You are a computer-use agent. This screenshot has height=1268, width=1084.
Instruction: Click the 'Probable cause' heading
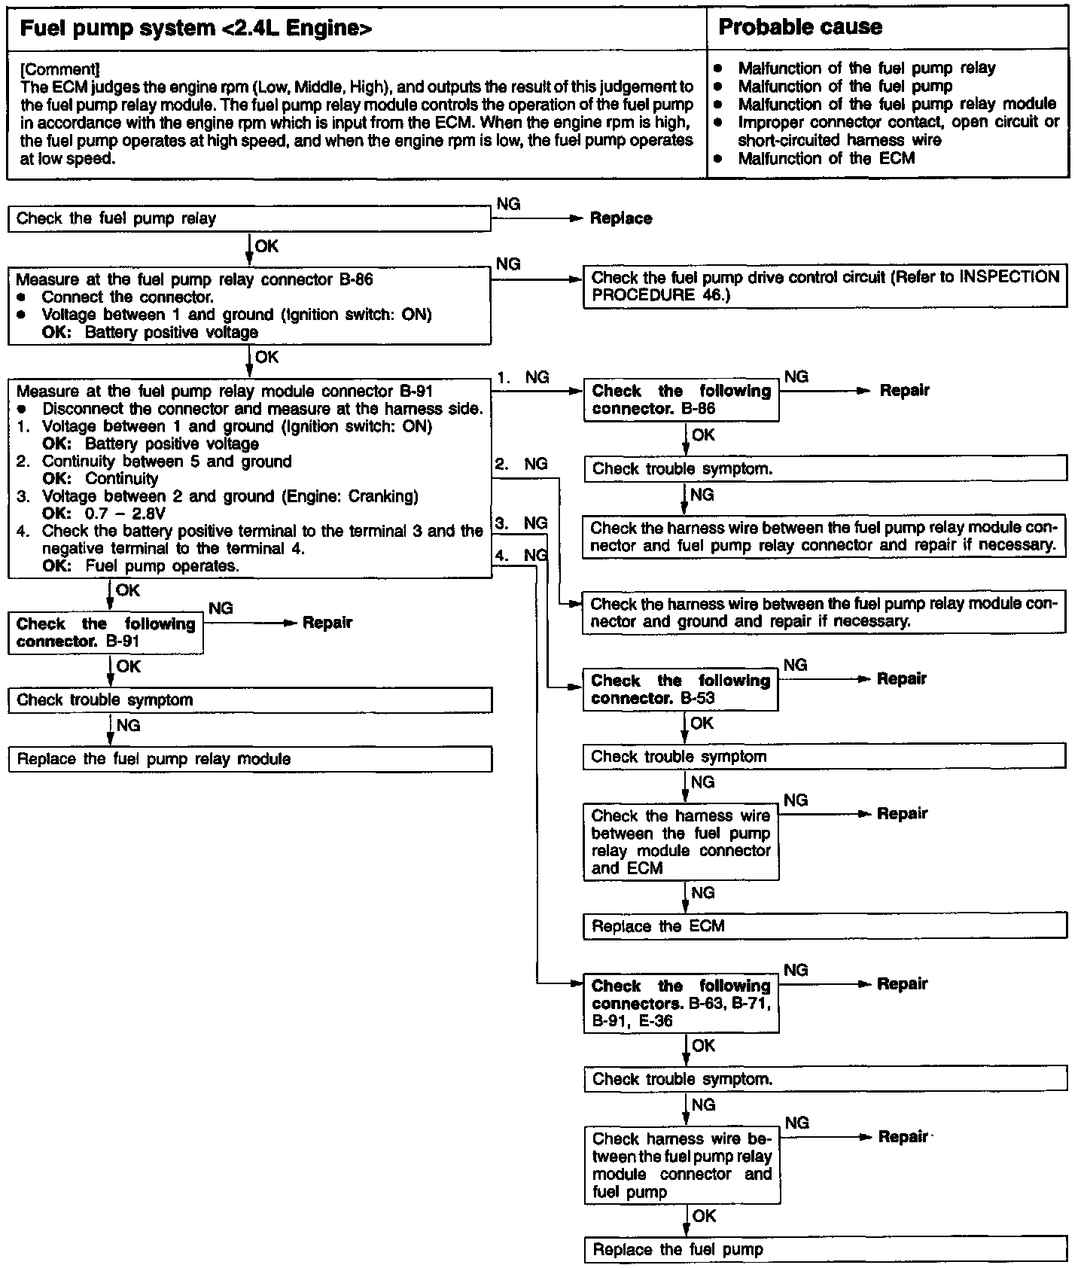(800, 28)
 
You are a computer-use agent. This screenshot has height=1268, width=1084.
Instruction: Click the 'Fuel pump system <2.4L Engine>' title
(196, 29)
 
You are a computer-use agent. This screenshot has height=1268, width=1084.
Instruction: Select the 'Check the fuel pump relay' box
(248, 219)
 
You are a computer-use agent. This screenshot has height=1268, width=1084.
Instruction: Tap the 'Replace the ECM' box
(824, 926)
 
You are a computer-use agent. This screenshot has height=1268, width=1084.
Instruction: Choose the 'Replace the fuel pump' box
(824, 1250)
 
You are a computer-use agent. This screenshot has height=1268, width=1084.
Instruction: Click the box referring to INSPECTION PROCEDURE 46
(824, 286)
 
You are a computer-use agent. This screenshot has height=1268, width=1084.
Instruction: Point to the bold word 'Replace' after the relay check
(621, 219)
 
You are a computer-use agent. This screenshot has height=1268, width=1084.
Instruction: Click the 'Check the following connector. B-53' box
(681, 689)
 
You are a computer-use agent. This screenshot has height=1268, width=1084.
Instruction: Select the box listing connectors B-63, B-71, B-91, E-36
(681, 1004)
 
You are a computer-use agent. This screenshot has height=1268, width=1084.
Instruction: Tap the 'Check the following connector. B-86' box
(681, 400)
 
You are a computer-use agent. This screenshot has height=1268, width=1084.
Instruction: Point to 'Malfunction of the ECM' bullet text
(826, 159)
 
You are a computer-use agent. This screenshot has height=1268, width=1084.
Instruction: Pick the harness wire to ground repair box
(824, 613)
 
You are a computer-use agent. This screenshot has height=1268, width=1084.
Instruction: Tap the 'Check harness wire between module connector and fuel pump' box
(681, 1165)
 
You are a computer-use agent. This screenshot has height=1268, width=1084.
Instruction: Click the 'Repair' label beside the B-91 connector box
(327, 623)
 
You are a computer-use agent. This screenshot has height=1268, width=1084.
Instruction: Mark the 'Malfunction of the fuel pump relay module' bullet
(897, 105)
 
